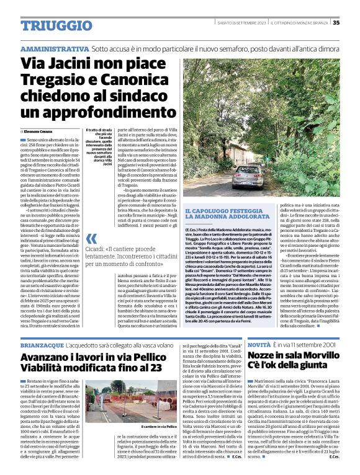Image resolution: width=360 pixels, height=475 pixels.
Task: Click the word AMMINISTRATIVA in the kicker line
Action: (55, 48)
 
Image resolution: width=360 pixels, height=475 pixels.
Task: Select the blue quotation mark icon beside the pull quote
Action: (91, 239)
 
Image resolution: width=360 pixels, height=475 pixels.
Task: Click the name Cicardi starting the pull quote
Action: (110, 247)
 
